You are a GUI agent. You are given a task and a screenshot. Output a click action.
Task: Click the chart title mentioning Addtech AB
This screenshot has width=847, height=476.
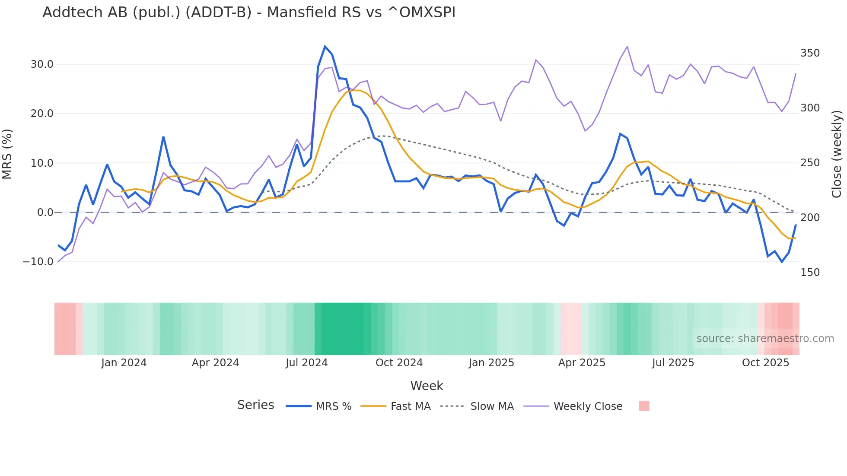coord(249,13)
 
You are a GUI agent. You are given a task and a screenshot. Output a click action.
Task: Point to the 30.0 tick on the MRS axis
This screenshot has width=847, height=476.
coord(42,64)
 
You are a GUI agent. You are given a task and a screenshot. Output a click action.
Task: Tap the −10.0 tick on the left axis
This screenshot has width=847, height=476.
coord(38,262)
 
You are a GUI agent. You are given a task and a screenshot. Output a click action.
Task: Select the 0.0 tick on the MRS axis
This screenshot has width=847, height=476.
coord(45,213)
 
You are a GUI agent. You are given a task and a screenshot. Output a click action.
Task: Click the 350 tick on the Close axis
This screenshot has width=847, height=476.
coord(810,53)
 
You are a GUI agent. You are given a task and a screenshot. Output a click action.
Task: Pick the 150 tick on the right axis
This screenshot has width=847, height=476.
coord(810,273)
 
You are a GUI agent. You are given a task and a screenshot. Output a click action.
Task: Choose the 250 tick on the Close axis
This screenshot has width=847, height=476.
coord(810,163)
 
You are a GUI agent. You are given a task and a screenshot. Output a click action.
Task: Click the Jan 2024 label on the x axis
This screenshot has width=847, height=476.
coord(124,363)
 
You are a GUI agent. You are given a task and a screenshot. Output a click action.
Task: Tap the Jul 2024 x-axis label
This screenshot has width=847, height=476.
coord(307,363)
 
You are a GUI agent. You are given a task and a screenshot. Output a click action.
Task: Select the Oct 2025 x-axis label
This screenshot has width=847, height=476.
coord(765,363)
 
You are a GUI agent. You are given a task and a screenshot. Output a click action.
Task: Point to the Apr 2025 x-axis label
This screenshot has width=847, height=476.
coord(582,363)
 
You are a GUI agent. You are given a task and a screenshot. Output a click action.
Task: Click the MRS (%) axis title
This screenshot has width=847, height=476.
coord(7,154)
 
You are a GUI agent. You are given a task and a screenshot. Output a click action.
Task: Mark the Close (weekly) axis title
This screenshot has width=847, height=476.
coord(837,154)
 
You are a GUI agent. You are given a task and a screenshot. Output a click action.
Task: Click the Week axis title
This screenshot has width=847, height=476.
coord(427,386)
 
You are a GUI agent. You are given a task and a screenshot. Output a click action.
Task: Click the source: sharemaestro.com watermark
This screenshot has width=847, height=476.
coord(765,339)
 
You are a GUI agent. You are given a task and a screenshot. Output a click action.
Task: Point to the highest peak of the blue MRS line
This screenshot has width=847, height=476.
coord(325,46)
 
